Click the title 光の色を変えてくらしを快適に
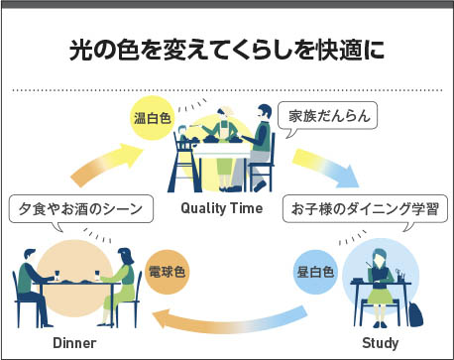tap(227, 51)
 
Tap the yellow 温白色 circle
tap(153, 118)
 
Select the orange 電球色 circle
tap(168, 272)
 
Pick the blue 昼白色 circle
tap(315, 272)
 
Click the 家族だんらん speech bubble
tap(327, 116)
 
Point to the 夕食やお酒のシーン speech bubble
tap(81, 210)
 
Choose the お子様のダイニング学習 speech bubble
tap(365, 210)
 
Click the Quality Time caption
tap(222, 208)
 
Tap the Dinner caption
tap(74, 343)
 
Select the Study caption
tap(381, 343)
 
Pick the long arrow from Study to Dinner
tap(228, 320)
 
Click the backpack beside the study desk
tap(415, 314)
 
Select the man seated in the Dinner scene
tap(32, 287)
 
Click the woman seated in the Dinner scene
tap(120, 286)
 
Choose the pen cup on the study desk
tap(400, 276)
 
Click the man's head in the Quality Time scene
tap(264, 112)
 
